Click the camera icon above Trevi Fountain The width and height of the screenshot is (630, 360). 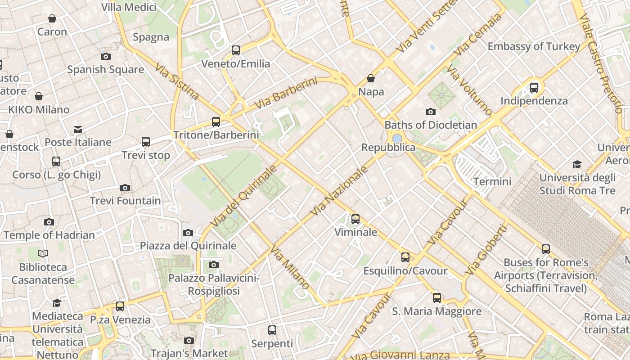(125, 188)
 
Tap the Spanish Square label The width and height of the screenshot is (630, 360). (106, 69)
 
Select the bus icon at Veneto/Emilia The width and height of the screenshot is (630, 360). (236, 50)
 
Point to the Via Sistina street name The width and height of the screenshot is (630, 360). (177, 81)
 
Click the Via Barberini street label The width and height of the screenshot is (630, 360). (285, 93)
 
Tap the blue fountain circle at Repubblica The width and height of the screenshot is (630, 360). (397, 138)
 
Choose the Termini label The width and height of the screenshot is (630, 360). (492, 181)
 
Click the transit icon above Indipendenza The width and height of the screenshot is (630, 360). (534, 87)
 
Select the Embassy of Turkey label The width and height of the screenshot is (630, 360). (534, 46)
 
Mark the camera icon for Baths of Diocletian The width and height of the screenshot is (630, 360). (431, 112)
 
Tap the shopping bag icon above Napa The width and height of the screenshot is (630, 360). (371, 78)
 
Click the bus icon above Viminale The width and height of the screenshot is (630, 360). (355, 219)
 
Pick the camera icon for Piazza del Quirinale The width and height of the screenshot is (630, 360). (188, 233)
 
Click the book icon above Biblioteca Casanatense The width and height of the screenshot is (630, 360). (43, 254)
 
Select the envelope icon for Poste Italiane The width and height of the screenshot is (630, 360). (78, 130)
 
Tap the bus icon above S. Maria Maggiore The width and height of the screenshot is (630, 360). (437, 297)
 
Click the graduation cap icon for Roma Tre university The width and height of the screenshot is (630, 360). (577, 165)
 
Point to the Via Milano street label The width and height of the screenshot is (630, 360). (290, 268)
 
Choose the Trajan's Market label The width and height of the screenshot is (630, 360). (189, 353)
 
